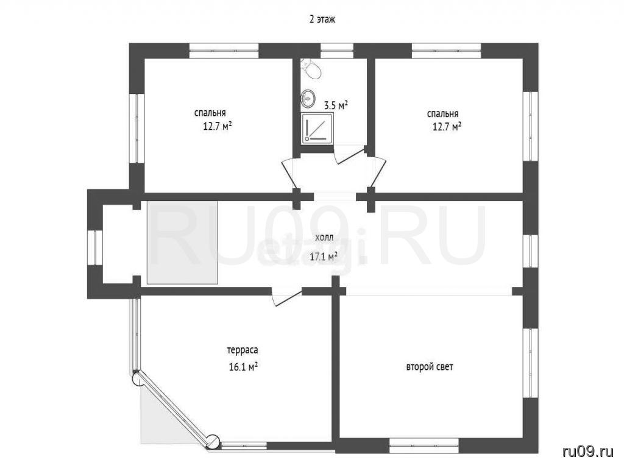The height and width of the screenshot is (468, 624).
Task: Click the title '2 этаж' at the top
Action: click(322, 19)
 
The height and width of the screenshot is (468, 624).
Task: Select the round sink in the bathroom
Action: click(308, 97)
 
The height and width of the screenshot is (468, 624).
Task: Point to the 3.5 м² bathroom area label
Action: click(336, 105)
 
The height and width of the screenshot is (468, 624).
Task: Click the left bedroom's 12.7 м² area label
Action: click(218, 127)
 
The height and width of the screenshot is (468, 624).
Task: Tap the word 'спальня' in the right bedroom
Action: click(442, 115)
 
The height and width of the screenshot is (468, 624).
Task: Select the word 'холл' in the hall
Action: click(324, 238)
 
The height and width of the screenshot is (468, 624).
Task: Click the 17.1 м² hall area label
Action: click(324, 257)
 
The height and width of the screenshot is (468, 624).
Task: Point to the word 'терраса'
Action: click(243, 350)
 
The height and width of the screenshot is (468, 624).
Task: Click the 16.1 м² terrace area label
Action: click(243, 366)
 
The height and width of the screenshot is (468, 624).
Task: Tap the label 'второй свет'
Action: click(430, 366)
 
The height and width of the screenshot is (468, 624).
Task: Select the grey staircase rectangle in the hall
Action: click(182, 243)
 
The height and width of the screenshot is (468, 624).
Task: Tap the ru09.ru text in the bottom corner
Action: click(588, 452)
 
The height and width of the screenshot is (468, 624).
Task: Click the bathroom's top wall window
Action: click(337, 51)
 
